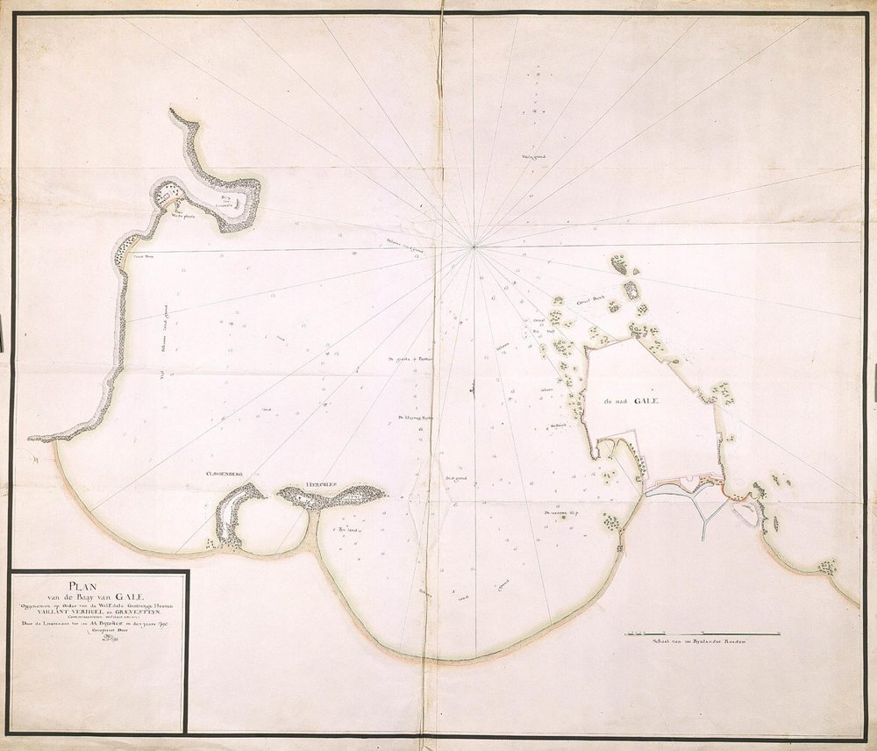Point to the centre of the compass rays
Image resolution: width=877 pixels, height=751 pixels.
pos(474,247)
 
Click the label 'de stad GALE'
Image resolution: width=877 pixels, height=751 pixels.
pos(630,401)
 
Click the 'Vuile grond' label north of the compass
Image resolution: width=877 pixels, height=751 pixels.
pos(534,159)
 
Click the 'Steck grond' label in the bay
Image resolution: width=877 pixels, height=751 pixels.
pos(455,479)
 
